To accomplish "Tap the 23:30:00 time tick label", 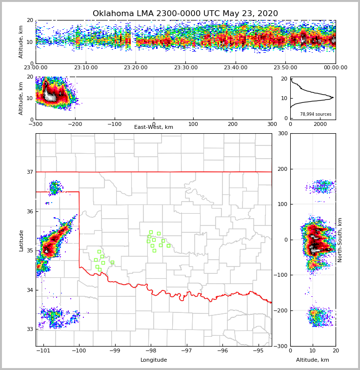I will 185,68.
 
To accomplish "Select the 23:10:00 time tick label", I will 85,68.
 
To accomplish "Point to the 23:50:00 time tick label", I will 285,68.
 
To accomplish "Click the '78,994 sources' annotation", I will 316,114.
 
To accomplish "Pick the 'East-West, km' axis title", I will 154,127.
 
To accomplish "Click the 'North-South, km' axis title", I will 340,240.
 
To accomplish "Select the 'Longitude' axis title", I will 154,360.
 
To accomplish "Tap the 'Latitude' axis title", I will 21,240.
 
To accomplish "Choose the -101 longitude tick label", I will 44,351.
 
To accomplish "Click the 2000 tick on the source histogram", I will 320,124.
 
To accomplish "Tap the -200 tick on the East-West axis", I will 75,124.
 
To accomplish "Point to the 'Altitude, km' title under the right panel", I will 313,360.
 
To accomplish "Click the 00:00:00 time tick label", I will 335,68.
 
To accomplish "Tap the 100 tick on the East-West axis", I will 193,124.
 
